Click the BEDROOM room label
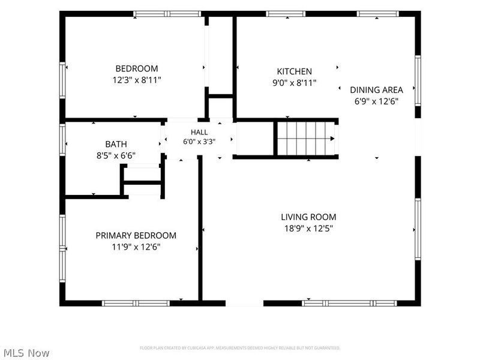click(137, 68)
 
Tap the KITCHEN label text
click(294, 71)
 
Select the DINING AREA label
click(376, 89)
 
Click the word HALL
click(199, 132)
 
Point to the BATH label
click(116, 144)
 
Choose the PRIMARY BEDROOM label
click(136, 235)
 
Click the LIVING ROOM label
click(308, 217)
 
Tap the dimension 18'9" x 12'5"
click(308, 229)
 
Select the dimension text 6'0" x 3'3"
click(199, 142)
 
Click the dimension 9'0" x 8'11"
click(294, 83)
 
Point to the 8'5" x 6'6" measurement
click(116, 155)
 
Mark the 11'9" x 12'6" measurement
click(136, 247)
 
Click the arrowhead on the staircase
click(332, 139)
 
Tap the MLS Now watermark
click(27, 353)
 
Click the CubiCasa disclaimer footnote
click(239, 348)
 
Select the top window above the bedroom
click(167, 14)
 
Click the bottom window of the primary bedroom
click(136, 304)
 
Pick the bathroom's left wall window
click(62, 140)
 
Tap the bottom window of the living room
click(349, 304)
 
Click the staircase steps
click(306, 139)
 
